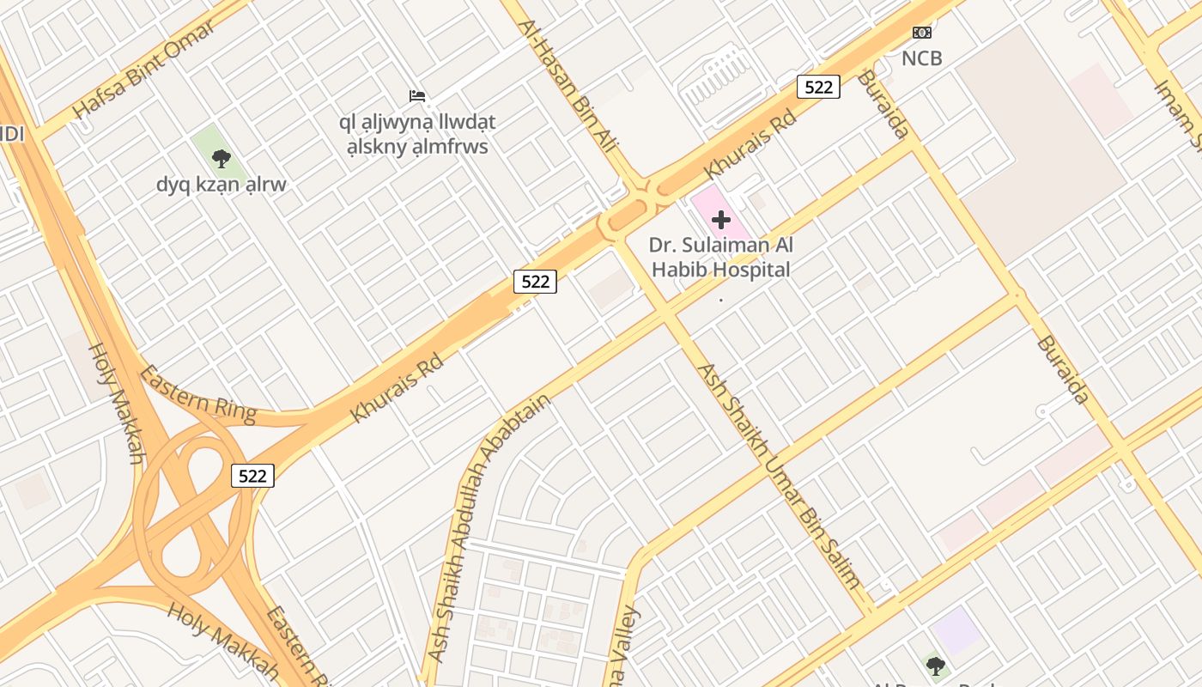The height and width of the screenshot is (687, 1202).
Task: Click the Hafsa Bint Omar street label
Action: point(143,70)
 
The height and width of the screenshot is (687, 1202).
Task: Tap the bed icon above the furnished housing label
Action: point(417,95)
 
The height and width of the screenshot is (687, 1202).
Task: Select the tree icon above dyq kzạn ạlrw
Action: point(222,158)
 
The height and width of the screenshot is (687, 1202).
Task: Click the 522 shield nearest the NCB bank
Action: point(817,87)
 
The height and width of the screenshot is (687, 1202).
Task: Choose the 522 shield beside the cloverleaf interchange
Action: point(252,475)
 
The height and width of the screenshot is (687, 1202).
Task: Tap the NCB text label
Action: point(921,58)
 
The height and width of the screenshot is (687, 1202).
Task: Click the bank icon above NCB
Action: point(921,33)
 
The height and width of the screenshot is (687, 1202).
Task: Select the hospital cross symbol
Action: point(721,220)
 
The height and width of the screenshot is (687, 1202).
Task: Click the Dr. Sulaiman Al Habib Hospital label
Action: point(721,258)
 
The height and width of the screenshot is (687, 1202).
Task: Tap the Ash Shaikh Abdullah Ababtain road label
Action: point(489,527)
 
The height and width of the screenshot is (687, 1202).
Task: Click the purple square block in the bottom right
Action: point(957,630)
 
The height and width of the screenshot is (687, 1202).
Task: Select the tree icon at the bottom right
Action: point(936,666)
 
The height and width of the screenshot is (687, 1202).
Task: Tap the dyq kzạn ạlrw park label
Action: point(222,185)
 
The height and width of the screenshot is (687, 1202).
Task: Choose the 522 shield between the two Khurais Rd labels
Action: point(535,281)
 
